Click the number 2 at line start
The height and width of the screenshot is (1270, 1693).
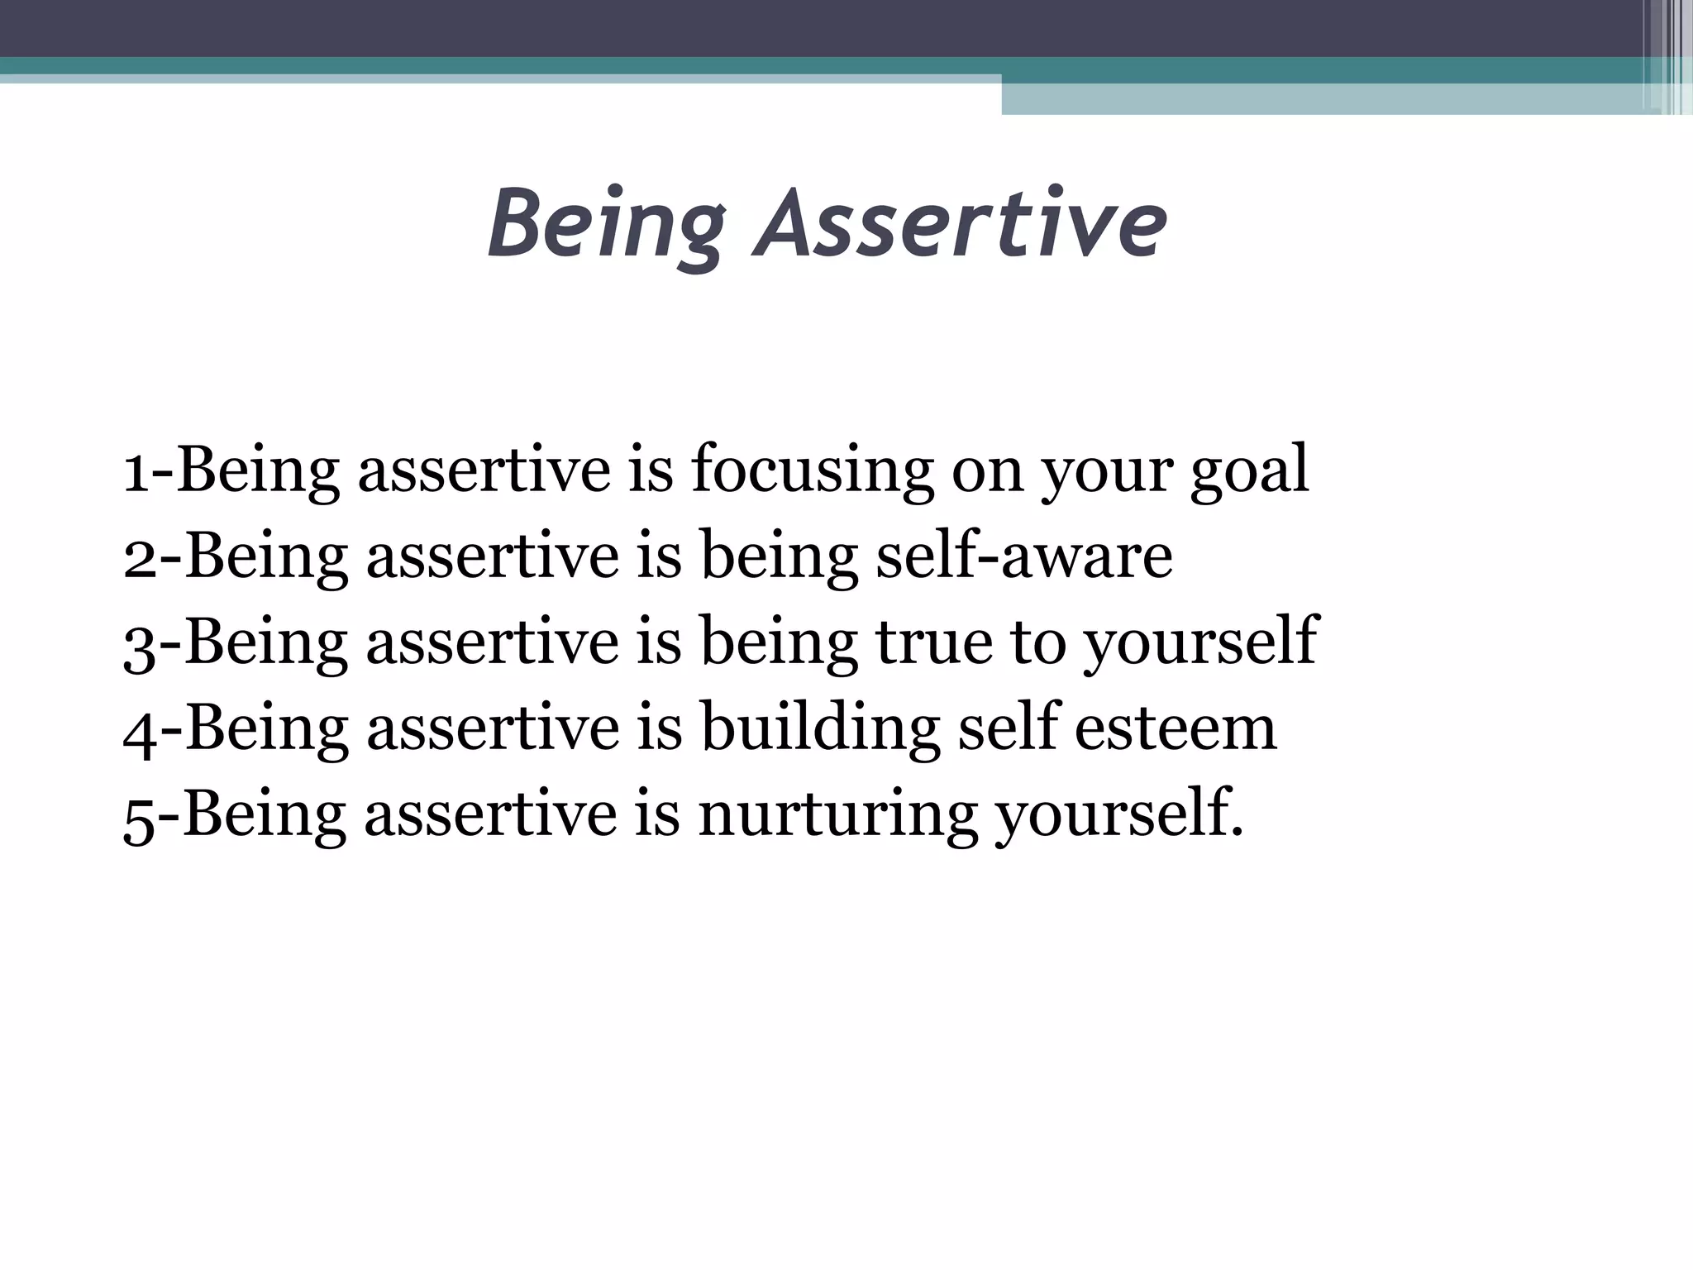[138, 556]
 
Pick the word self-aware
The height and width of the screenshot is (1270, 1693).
[1023, 556]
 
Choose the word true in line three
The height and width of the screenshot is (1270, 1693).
[933, 642]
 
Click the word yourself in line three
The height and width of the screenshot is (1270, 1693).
[1199, 642]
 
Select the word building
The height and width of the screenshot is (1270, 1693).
[819, 728]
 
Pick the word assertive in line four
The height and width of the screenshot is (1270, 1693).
[493, 728]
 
